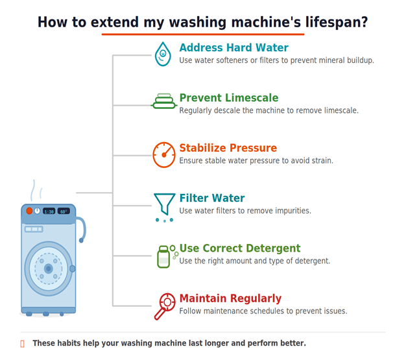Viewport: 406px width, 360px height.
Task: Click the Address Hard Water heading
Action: (x=233, y=48)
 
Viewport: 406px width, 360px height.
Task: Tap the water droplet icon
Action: (x=163, y=54)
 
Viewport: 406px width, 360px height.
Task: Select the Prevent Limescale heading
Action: (x=228, y=98)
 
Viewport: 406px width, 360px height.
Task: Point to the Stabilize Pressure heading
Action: (x=228, y=148)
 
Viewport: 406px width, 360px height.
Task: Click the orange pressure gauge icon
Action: (x=164, y=154)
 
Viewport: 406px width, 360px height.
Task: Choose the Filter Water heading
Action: (x=211, y=198)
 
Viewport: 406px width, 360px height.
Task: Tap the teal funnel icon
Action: (x=164, y=205)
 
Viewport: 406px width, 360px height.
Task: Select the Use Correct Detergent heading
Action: (x=239, y=248)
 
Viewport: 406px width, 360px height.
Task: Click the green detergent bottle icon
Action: (x=164, y=256)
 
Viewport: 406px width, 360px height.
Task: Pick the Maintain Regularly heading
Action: (x=230, y=298)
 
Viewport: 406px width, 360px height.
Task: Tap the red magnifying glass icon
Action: (x=164, y=306)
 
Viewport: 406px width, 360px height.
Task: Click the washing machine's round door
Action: (x=48, y=268)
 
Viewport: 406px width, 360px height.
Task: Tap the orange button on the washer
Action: (x=29, y=211)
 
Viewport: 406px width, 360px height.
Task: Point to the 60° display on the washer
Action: (x=63, y=211)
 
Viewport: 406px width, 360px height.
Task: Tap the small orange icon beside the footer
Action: (x=23, y=344)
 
